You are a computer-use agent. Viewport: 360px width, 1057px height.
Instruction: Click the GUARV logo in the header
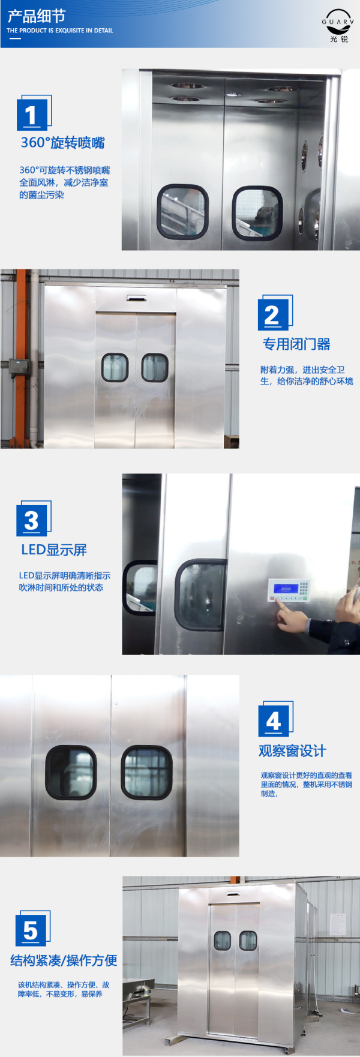(x=338, y=26)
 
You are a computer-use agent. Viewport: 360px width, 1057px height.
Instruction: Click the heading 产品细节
(x=36, y=16)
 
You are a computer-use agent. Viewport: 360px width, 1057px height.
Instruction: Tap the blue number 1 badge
(x=32, y=113)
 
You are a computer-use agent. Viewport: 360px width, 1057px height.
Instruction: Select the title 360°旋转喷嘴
(x=62, y=143)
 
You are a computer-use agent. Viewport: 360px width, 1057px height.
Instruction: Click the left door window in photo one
(x=182, y=211)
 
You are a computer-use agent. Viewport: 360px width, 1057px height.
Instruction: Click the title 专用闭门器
(x=296, y=344)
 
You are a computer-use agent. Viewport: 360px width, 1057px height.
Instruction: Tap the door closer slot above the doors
(x=136, y=298)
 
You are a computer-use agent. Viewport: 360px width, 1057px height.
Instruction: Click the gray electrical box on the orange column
(x=19, y=367)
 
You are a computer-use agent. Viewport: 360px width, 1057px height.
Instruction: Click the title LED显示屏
(x=54, y=549)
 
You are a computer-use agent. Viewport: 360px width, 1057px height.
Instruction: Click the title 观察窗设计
(x=292, y=750)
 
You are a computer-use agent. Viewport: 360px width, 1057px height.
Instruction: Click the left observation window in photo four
(x=71, y=772)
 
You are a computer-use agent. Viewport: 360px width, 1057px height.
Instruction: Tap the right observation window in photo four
(x=146, y=772)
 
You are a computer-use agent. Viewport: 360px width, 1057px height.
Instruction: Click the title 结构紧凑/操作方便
(x=64, y=960)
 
